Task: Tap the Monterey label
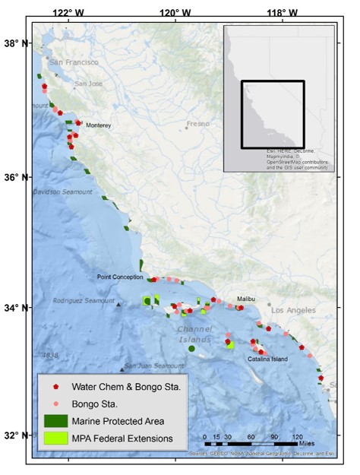click(99, 125)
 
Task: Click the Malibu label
click(245, 299)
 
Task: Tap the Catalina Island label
click(267, 359)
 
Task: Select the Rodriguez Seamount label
click(84, 301)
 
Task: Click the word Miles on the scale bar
click(307, 442)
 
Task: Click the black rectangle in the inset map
click(273, 114)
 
